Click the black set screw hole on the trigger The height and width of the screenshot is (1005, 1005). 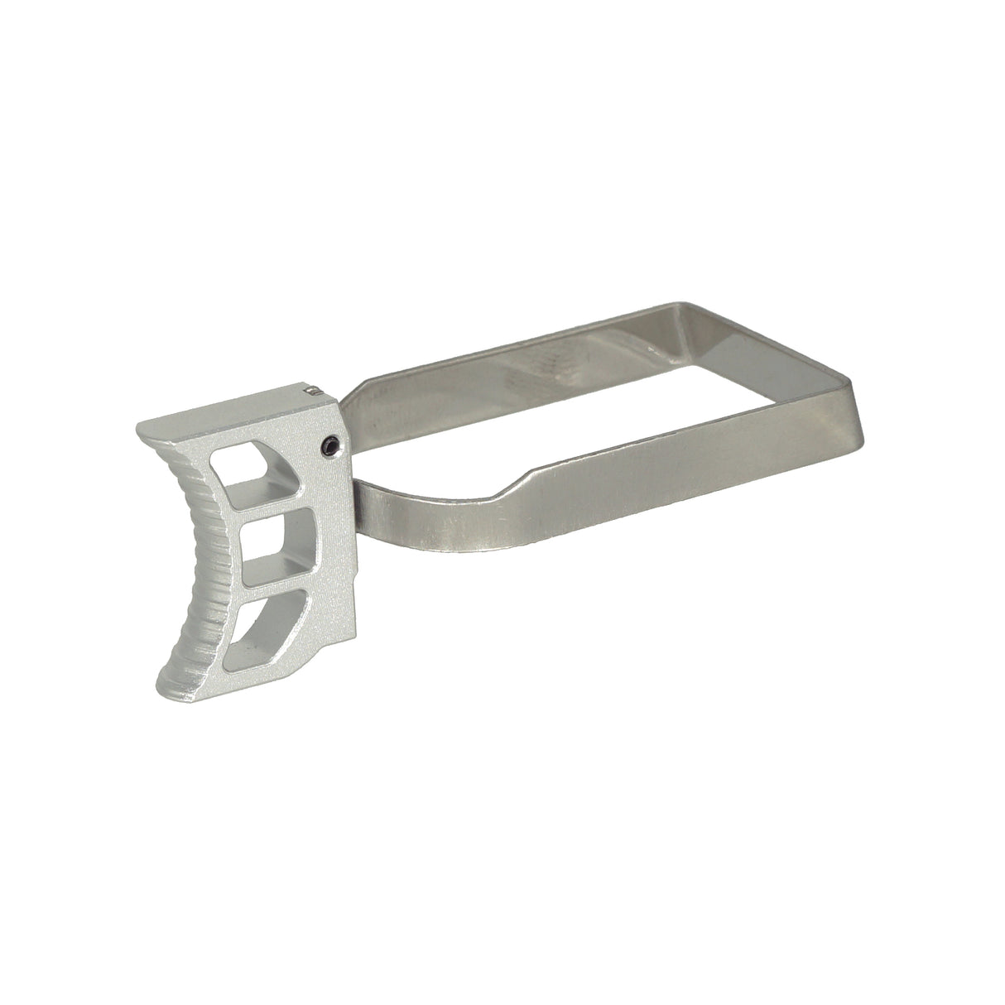pos(329,446)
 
